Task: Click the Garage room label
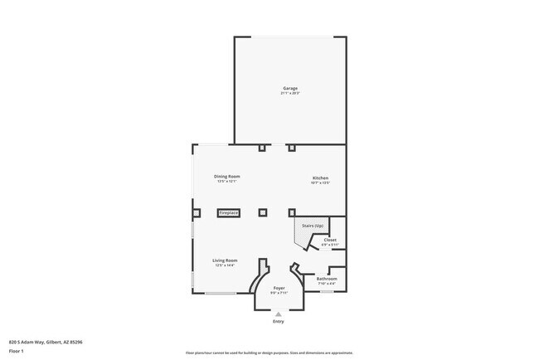(x=289, y=88)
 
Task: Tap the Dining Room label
(x=226, y=177)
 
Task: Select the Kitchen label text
(x=320, y=178)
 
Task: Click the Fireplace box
(x=229, y=213)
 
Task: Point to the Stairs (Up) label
(x=313, y=225)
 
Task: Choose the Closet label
(x=330, y=240)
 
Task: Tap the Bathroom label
(x=326, y=279)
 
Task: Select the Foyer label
(x=279, y=288)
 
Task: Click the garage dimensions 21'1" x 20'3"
(x=289, y=93)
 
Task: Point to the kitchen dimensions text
(x=320, y=183)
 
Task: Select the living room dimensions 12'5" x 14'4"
(x=225, y=266)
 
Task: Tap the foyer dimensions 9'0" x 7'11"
(x=279, y=293)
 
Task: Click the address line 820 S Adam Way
(x=46, y=342)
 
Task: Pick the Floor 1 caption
(x=17, y=350)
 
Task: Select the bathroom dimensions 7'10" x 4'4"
(x=326, y=284)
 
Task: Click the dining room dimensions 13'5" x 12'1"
(x=226, y=182)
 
